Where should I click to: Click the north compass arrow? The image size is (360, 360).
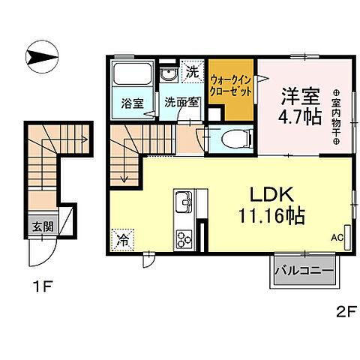point(42,58)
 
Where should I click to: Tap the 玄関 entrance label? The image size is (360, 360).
point(42,225)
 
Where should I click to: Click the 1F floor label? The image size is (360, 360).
point(42,286)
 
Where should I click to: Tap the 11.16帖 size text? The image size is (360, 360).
point(270,217)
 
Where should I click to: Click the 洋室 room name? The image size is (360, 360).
point(300,96)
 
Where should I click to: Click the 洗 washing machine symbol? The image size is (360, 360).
point(193,73)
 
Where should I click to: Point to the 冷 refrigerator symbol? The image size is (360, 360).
point(122,241)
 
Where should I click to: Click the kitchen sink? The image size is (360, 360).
point(184,203)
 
